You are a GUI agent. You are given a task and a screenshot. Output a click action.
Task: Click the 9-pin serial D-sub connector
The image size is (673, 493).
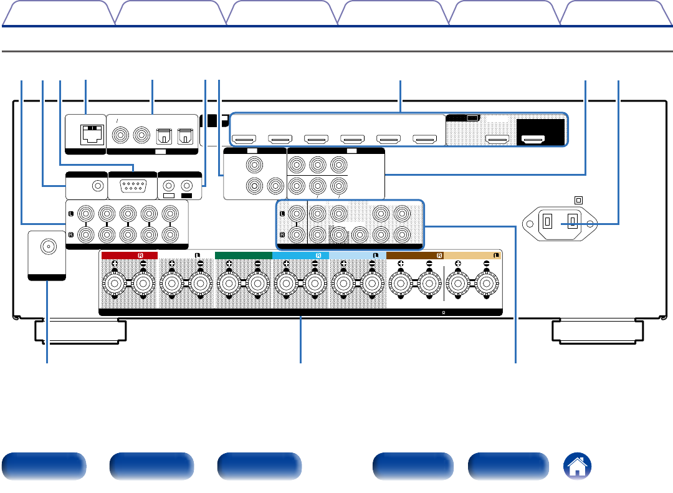click(x=132, y=185)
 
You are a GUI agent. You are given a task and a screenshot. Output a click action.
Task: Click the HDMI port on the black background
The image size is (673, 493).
click(x=533, y=140)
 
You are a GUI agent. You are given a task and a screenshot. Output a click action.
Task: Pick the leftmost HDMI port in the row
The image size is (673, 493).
click(x=244, y=140)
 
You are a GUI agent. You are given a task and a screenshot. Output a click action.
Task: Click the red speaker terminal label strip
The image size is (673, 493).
click(x=130, y=255)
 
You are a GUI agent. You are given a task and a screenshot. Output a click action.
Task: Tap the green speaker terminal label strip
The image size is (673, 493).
click(x=243, y=255)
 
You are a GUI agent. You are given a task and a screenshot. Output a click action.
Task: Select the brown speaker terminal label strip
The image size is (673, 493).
click(x=415, y=255)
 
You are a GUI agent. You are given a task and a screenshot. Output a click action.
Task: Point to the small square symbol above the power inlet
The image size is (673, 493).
click(x=578, y=201)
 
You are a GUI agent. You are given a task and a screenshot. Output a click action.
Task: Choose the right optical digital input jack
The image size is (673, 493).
click(x=185, y=135)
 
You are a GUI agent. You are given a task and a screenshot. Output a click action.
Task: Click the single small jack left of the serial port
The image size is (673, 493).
click(x=97, y=185)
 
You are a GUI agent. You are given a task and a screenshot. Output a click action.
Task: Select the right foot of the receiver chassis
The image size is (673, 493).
click(x=598, y=330)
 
